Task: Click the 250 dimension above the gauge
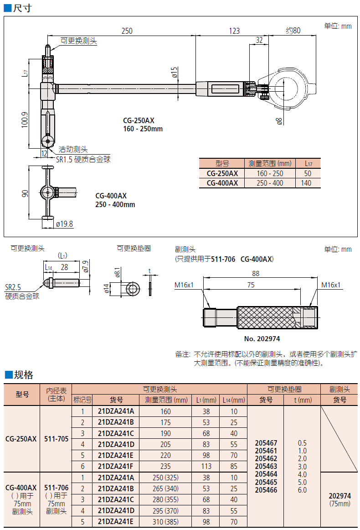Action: [x=127, y=31]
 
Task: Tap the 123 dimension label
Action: [x=234, y=31]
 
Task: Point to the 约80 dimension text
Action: [x=293, y=31]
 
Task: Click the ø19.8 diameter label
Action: [x=65, y=224]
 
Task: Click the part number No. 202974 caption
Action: [x=262, y=339]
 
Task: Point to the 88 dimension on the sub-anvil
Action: [x=255, y=273]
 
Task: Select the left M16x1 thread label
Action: [x=184, y=285]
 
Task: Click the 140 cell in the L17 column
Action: [x=306, y=183]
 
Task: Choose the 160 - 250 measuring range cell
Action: [x=270, y=173]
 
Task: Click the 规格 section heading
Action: [x=24, y=375]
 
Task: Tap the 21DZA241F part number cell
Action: [x=116, y=466]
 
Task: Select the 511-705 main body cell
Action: [x=57, y=439]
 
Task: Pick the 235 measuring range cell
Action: [x=166, y=466]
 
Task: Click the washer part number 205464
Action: [x=266, y=474]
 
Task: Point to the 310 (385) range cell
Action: [x=166, y=522]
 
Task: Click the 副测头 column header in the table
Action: [x=339, y=389]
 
